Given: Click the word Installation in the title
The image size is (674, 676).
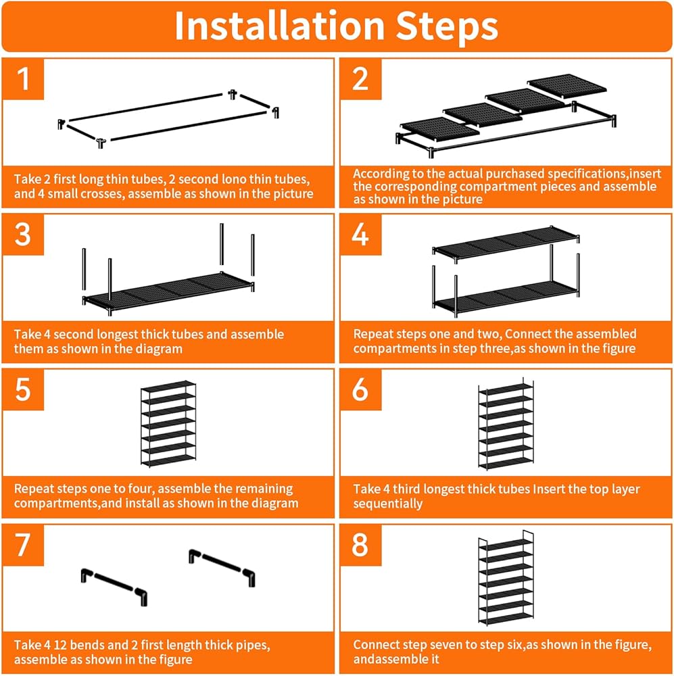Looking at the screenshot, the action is [279, 26].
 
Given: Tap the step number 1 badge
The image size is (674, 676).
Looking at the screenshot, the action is [23, 79].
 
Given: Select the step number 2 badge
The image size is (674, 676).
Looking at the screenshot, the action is [360, 79].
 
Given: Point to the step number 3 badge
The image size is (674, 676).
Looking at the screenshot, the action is [23, 235].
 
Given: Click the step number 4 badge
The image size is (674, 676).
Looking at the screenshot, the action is [360, 235].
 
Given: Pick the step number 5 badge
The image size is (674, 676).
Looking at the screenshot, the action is [23, 390].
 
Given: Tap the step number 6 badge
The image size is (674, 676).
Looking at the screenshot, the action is [360, 390].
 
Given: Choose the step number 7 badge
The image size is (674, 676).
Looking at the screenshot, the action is [23, 545].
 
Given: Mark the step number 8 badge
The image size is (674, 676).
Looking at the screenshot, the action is [360, 545].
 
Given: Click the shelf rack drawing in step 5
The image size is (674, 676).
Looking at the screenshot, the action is [168, 423].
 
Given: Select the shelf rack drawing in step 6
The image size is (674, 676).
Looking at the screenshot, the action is [506, 424].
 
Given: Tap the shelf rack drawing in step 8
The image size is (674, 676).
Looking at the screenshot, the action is [506, 578].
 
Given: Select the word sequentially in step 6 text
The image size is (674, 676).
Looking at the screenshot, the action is [387, 504].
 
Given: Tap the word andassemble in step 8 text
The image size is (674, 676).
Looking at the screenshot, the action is [396, 659].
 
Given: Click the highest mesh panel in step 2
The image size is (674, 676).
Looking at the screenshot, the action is [567, 86].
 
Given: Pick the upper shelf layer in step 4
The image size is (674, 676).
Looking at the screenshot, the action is [506, 243].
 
